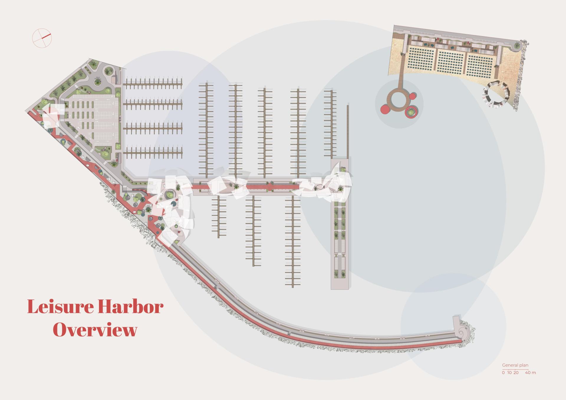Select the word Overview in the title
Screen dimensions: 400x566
(95, 330)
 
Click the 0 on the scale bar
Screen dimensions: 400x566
(503, 373)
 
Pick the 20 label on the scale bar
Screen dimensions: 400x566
(516, 373)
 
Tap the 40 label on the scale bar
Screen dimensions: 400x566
(528, 373)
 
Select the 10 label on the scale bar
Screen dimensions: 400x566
(509, 373)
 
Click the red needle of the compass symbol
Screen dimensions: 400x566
(47, 36)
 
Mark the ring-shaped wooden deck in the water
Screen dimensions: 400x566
(399, 99)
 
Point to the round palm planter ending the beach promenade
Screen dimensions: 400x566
(517, 45)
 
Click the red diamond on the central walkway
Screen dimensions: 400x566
(270, 186)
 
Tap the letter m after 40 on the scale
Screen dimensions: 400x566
(534, 373)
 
